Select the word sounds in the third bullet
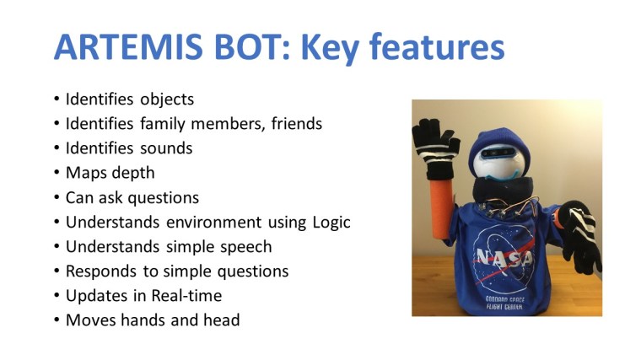point(166,148)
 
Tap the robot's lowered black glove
point(580,235)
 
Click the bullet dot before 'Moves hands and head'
point(57,320)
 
